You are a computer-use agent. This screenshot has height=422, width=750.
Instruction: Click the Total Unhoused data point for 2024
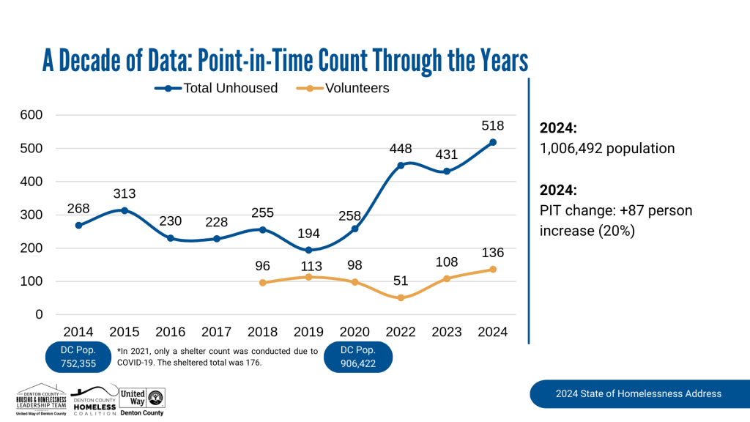click(493, 142)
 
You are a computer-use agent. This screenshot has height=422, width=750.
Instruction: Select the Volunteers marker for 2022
click(401, 297)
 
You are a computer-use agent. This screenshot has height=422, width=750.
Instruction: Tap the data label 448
click(401, 149)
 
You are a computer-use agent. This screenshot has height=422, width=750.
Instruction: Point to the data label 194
click(308, 234)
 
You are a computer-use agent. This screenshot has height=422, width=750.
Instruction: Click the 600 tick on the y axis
click(32, 115)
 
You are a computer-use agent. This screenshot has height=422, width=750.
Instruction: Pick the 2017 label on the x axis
click(216, 332)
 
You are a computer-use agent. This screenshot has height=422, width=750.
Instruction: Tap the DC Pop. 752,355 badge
click(78, 357)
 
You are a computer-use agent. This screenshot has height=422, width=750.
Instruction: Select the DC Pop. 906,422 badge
click(360, 357)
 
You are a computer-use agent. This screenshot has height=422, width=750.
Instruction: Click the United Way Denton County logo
click(143, 401)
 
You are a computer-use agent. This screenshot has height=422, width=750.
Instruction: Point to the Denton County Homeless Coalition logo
click(94, 401)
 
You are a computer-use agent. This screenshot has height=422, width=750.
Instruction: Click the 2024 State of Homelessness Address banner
click(638, 393)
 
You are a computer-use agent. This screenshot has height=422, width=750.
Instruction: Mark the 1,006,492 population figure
click(607, 148)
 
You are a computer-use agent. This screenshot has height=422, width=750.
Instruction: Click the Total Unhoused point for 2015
click(125, 210)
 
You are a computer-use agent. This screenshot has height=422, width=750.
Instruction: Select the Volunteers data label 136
click(493, 253)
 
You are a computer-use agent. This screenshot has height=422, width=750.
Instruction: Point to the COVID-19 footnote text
click(217, 356)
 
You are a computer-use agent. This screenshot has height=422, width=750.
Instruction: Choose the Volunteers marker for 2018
click(262, 283)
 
